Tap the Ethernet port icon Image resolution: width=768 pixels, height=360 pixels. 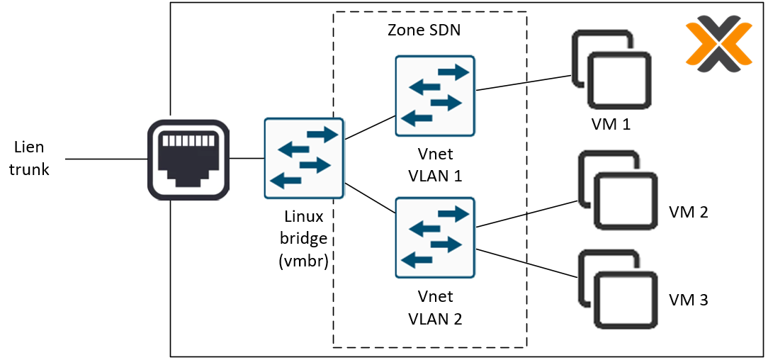(x=188, y=159)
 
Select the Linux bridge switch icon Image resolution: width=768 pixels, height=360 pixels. (x=303, y=158)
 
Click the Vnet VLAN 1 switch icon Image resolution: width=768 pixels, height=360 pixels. (x=434, y=96)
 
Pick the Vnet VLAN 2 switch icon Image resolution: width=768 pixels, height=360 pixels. (x=434, y=237)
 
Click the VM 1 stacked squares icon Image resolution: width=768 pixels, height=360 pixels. (x=611, y=69)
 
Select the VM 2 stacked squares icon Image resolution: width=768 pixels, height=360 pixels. (x=615, y=190)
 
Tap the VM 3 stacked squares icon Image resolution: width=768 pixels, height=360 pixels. (x=615, y=288)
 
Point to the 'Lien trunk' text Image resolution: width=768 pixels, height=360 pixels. (x=30, y=158)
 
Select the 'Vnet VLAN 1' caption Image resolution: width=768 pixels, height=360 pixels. (x=435, y=165)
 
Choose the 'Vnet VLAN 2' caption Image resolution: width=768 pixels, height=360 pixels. (x=435, y=308)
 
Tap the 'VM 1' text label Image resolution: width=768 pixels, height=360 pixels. (x=611, y=125)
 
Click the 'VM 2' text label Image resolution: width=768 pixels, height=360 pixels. (x=688, y=212)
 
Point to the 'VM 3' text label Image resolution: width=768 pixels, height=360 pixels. (x=688, y=300)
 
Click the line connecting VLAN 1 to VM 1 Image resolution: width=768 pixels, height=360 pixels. (x=524, y=82)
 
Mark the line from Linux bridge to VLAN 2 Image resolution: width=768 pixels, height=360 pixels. (x=369, y=198)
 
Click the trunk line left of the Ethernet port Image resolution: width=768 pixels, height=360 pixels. (x=106, y=159)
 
